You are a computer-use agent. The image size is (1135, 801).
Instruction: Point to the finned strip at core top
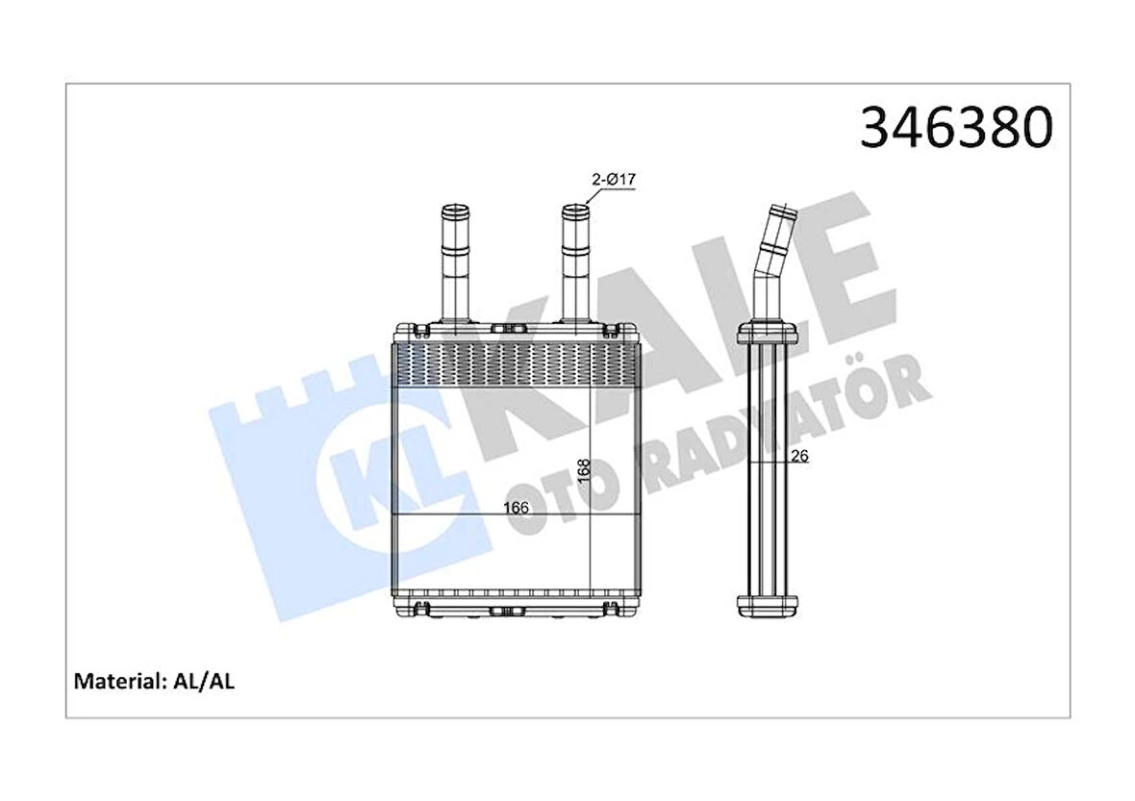tap(517, 365)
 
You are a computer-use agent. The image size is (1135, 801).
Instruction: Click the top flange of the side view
tap(767, 336)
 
